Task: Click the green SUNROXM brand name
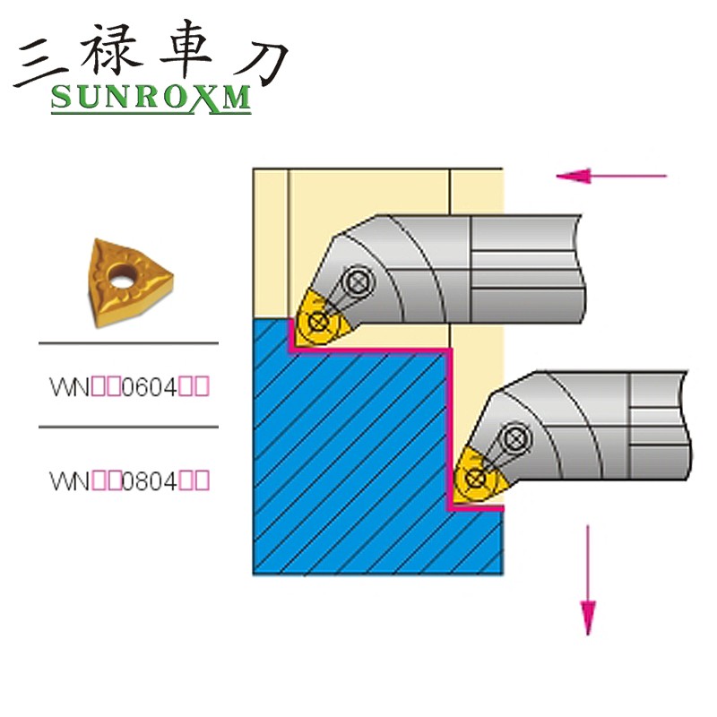pyautogui.click(x=151, y=98)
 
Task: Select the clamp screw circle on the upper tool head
pyautogui.click(x=358, y=281)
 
